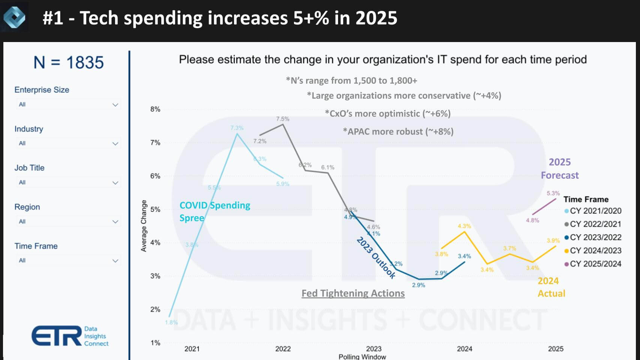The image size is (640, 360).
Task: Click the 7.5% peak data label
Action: coord(282,119)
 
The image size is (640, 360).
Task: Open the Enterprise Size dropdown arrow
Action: coord(115,105)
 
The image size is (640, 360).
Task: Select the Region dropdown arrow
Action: coord(115,222)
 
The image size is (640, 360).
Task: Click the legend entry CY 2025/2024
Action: coord(595,264)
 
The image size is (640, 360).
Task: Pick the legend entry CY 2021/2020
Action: coord(595,211)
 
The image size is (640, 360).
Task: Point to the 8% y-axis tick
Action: coord(155,109)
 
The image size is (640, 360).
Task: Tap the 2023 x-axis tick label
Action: coord(374,349)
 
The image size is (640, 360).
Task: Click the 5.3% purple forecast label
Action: coord(553,193)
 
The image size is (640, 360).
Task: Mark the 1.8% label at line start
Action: coord(171,322)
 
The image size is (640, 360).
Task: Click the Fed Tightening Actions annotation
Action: coord(353,293)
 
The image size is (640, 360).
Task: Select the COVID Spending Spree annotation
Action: coord(214,211)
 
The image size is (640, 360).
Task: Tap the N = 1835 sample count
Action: coord(68,62)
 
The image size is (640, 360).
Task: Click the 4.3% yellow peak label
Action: coord(464,226)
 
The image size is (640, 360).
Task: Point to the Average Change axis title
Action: coord(144,226)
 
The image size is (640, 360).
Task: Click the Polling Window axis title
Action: coord(362,357)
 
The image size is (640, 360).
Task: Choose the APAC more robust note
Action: coord(398,132)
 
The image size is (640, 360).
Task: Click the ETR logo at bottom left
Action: coord(70,336)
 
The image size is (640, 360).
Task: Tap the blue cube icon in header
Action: coord(14,17)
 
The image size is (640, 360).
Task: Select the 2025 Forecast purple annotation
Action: coord(559,169)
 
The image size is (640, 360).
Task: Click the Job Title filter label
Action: coord(29,168)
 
